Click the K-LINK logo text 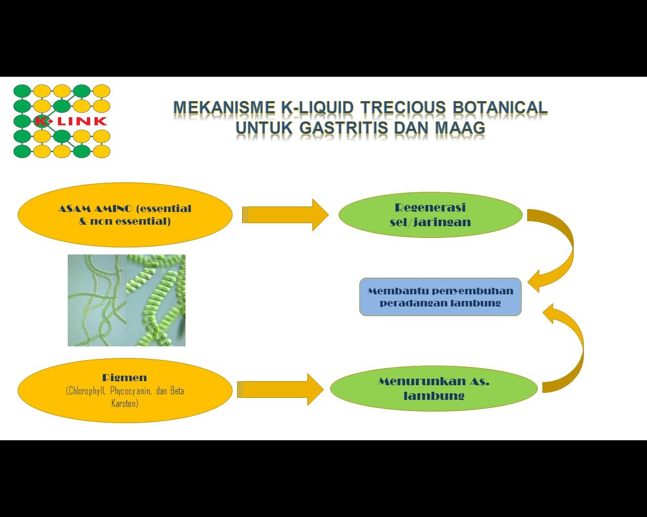coord(71,121)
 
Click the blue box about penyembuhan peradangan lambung coord(440,297)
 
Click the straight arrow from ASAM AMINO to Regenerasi coord(286,215)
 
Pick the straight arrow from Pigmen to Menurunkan coord(281,389)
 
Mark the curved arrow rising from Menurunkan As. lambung coord(569,348)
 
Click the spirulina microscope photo coord(126,300)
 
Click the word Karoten coord(125,403)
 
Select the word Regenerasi coord(430,208)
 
